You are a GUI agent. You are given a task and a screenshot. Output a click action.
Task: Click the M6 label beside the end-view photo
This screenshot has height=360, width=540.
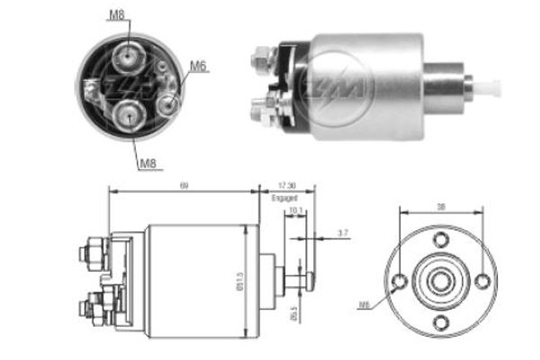coord(199,65)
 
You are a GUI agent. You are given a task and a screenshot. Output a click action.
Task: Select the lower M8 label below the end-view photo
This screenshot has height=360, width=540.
coord(148,163)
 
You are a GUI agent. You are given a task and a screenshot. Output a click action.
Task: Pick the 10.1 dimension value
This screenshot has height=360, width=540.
coord(295,212)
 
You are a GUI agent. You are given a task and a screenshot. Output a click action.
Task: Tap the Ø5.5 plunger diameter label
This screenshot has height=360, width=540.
coord(295,316)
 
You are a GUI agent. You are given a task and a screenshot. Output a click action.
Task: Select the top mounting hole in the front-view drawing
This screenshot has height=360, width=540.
coord(441,240)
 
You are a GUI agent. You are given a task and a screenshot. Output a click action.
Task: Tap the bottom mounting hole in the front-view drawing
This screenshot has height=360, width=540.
coord(441,322)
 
